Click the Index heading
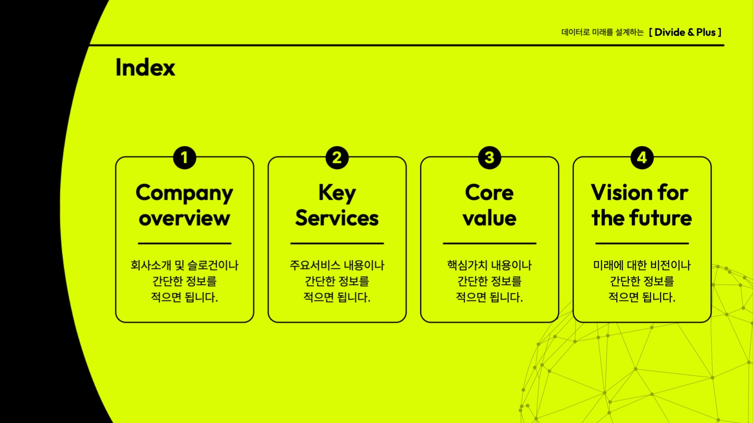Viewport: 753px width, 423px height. (x=145, y=67)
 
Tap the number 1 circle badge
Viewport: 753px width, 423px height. (x=184, y=157)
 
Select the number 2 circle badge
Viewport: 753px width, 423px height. (x=337, y=157)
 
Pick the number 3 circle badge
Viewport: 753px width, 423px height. (x=489, y=157)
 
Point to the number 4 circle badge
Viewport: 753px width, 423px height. (x=642, y=157)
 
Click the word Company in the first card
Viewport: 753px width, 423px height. (x=184, y=193)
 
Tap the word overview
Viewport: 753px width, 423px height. (x=184, y=218)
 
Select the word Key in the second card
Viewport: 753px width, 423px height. (x=337, y=193)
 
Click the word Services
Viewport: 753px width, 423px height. (x=337, y=218)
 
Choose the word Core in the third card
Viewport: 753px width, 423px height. (x=489, y=193)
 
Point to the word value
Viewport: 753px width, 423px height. (x=489, y=218)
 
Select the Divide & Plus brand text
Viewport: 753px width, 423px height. (x=685, y=33)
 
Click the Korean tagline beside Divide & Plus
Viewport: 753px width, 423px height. (x=602, y=33)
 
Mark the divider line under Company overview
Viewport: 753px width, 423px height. (x=184, y=244)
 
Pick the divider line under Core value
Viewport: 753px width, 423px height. (x=489, y=244)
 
